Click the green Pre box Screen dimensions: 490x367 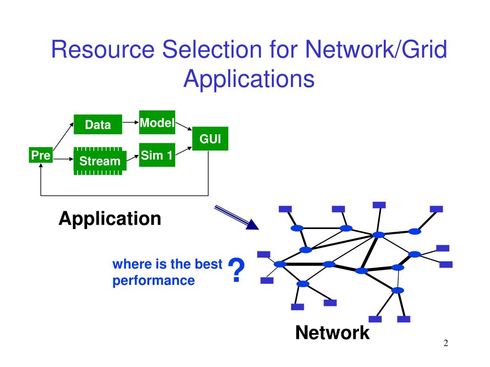(41, 155)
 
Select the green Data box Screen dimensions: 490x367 (98, 125)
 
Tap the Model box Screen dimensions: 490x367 (157, 122)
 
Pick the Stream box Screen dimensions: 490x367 (100, 161)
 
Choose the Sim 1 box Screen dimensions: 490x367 (157, 155)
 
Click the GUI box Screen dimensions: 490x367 (210, 139)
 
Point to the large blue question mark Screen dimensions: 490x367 (236, 270)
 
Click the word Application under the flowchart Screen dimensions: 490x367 (110, 219)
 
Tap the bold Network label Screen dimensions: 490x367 (332, 333)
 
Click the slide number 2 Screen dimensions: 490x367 (445, 343)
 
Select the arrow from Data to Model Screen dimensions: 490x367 (130, 122)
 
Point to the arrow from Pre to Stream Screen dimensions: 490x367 (63, 159)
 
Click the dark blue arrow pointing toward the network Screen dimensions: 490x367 (236, 217)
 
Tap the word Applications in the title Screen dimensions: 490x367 (249, 79)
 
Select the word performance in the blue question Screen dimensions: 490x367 (154, 281)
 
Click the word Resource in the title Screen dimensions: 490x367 (103, 49)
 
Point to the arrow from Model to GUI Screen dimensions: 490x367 (184, 126)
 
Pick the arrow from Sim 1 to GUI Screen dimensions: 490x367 (184, 151)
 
